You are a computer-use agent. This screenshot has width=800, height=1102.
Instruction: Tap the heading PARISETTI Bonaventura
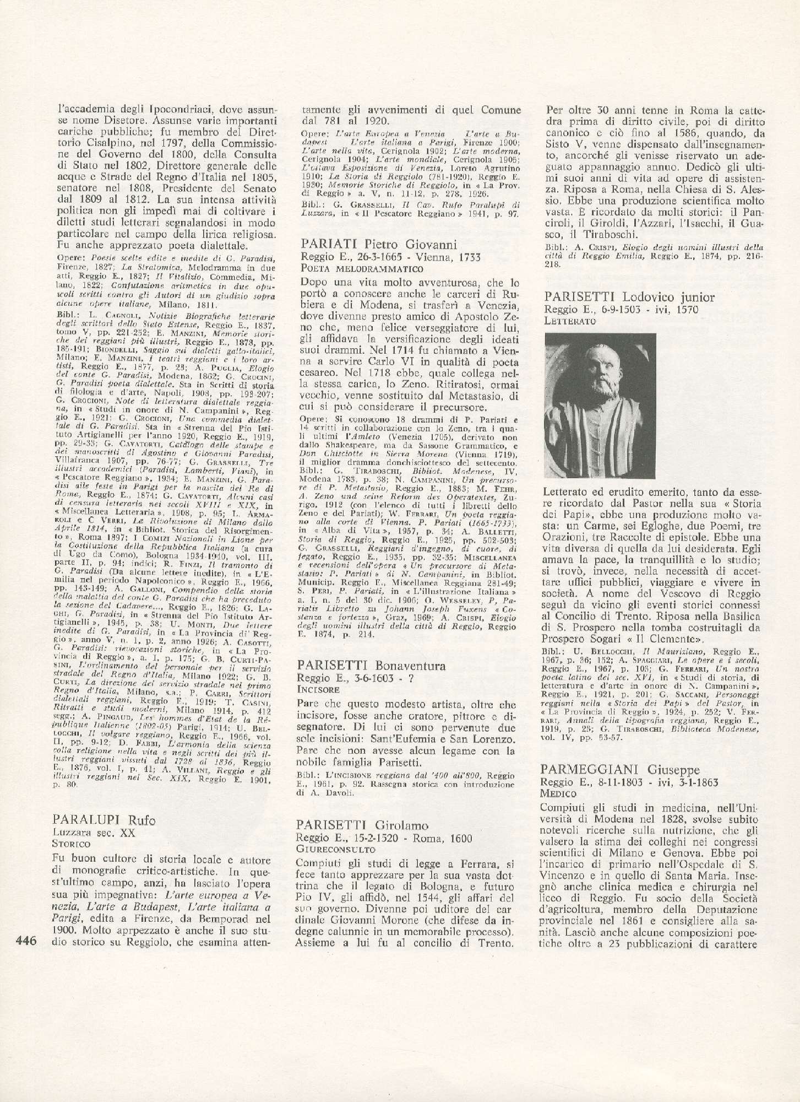click(x=370, y=666)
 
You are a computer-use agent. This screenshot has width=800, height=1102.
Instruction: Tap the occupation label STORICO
click(x=72, y=844)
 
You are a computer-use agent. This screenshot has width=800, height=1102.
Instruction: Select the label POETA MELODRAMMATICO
click(x=362, y=269)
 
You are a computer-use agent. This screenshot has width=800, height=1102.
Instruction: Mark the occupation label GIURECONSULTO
click(x=329, y=849)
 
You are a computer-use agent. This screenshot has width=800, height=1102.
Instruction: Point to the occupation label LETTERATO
click(x=569, y=320)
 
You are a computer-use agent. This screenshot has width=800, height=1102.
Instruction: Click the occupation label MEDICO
click(x=558, y=794)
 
